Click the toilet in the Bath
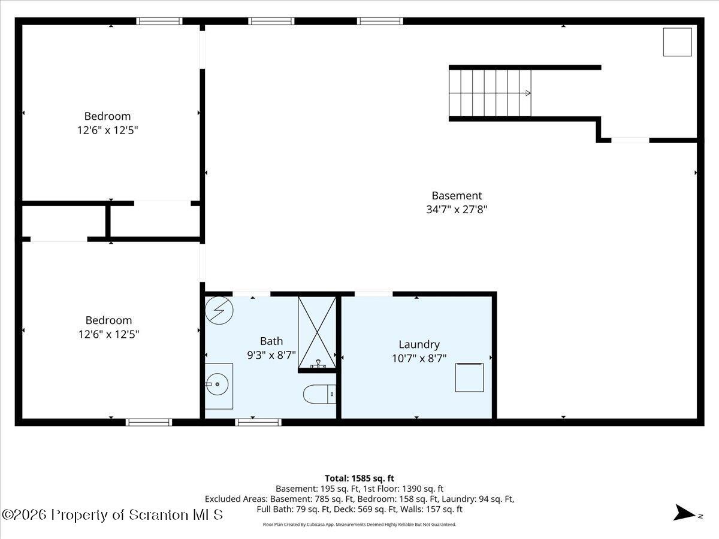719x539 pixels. click(319, 394)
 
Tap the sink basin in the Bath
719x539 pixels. click(217, 384)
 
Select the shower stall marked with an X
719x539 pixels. click(317, 332)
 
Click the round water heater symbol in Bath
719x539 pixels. click(219, 310)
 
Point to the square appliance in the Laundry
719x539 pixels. click(469, 377)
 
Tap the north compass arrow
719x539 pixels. click(684, 512)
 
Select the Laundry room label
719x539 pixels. click(419, 344)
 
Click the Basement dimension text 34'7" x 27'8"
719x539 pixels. click(457, 210)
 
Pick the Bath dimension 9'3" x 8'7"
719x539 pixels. click(271, 355)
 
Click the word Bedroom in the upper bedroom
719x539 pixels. click(107, 116)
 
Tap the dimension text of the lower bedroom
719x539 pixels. click(109, 334)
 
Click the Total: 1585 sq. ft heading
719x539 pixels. click(359, 479)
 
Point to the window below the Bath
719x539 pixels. click(258, 422)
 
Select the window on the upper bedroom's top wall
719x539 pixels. click(159, 22)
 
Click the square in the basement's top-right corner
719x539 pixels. click(678, 42)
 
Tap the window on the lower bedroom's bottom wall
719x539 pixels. click(149, 422)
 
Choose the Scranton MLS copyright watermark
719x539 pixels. click(112, 515)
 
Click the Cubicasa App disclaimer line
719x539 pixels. click(359, 525)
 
